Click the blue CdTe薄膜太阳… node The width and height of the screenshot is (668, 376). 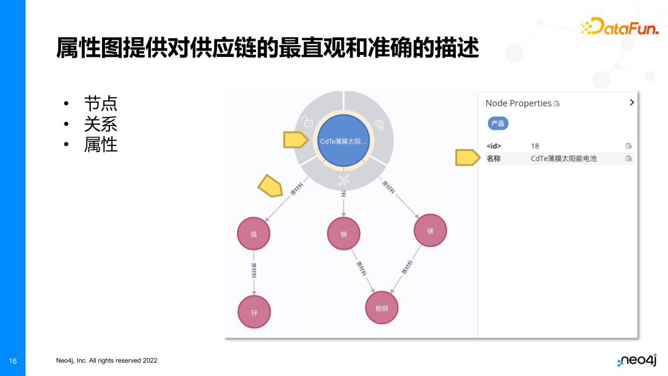(x=343, y=141)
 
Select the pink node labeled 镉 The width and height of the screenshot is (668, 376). (x=254, y=234)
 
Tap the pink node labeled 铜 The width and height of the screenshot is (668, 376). (x=344, y=234)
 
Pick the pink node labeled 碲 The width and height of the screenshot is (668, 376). (x=430, y=231)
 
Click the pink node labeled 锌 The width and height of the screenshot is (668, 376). (x=254, y=312)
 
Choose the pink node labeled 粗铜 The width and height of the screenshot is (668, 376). (x=382, y=307)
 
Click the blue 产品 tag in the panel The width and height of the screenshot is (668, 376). (x=498, y=123)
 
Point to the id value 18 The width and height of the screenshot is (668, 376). (x=535, y=146)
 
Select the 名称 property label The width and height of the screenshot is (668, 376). (x=494, y=159)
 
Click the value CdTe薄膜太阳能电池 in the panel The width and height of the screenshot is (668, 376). (x=563, y=159)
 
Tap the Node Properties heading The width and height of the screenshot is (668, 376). (x=518, y=103)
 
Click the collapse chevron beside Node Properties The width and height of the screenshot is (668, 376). (x=632, y=103)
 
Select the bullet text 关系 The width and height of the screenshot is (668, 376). (x=100, y=124)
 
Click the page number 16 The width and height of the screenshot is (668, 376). (x=13, y=361)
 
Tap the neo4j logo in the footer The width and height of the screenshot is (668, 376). (x=636, y=361)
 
